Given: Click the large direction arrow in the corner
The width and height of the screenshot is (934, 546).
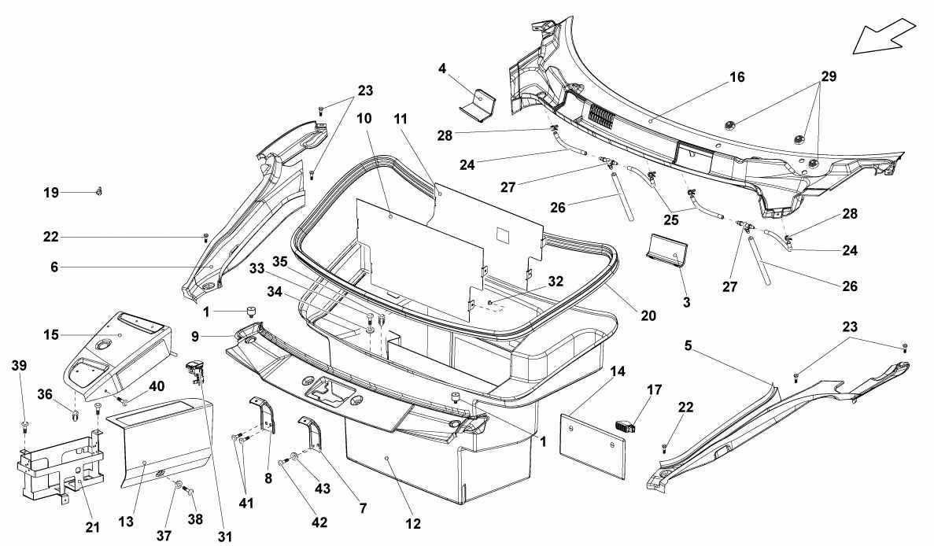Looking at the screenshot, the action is point(884,35).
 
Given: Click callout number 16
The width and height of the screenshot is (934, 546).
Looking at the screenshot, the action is point(736,77).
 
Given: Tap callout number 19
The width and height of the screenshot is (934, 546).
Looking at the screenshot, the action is point(51,193).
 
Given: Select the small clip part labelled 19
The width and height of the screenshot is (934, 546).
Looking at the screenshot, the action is point(99,191).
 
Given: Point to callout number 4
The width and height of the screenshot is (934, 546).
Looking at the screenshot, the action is point(442,69).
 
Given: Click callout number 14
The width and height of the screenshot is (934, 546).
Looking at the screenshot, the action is point(618,371).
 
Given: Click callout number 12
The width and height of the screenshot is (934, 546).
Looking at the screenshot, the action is point(413,524).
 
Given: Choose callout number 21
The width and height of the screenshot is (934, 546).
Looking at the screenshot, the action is point(92,528).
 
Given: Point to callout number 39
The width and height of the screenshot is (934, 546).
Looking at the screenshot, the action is point(19,366).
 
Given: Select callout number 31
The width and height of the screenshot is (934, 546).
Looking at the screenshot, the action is point(224,537).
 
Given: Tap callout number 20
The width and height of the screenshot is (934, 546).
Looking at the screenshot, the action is point(648,316).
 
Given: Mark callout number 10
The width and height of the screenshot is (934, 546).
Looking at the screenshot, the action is point(364,119).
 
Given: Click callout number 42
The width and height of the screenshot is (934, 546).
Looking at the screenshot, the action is point(319,522).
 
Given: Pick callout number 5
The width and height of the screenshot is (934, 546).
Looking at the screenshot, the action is point(688,345).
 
